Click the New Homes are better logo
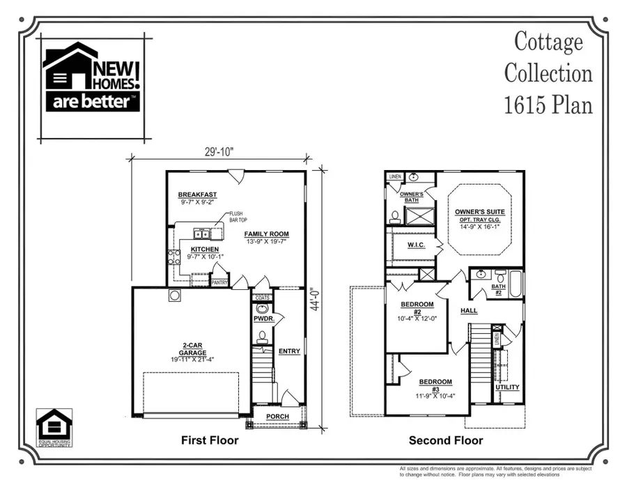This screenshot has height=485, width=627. tap(92, 77)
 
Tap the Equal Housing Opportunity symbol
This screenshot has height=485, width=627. tap(54, 426)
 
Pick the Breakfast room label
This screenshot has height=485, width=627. tap(197, 194)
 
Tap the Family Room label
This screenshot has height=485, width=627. tap(266, 234)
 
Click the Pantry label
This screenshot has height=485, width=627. tap(219, 282)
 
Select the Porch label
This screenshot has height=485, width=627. tap(278, 416)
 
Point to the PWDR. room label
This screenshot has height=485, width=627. tap(263, 318)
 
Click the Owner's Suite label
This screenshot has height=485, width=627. tap(480, 211)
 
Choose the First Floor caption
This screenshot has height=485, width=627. tap(210, 440)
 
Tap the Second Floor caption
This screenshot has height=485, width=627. tap(446, 440)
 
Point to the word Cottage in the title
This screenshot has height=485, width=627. tap(548, 42)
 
